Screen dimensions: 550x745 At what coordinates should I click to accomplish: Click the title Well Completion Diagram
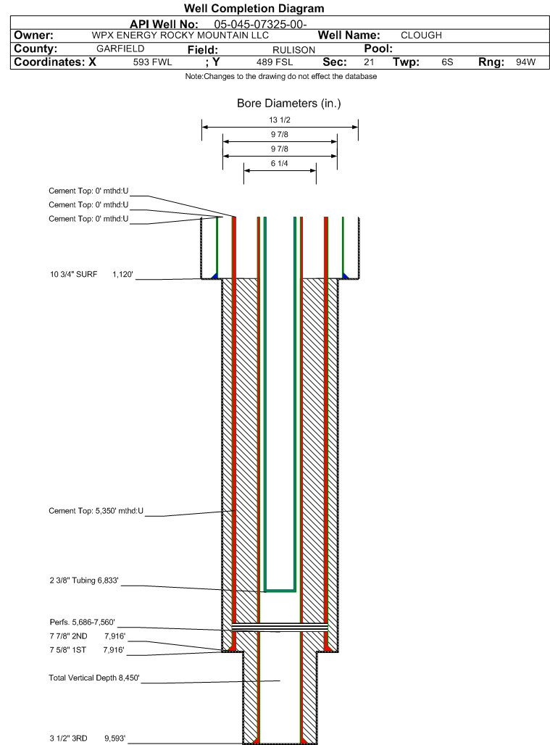[x=254, y=9]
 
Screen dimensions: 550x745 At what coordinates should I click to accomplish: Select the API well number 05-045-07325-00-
[x=260, y=24]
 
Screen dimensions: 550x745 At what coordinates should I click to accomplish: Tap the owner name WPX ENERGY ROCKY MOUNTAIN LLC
[x=180, y=36]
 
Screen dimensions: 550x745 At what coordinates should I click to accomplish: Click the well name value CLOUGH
[x=421, y=36]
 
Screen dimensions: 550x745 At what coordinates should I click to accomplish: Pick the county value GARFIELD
[x=120, y=49]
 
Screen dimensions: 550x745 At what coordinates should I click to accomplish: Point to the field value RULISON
[x=293, y=50]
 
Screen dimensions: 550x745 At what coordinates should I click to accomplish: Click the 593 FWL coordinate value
[x=152, y=62]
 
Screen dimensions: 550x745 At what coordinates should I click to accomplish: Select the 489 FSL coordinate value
[x=275, y=62]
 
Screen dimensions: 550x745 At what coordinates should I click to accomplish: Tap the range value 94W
[x=526, y=62]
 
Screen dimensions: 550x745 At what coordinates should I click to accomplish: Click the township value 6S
[x=447, y=62]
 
